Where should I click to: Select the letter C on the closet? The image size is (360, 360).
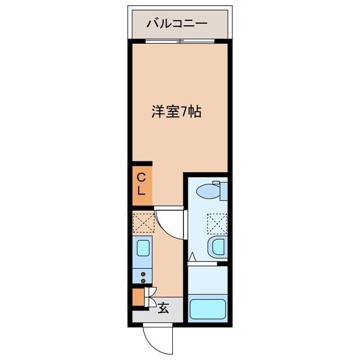[x=142, y=178]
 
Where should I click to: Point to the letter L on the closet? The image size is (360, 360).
[x=142, y=191]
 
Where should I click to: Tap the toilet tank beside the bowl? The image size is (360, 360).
[x=223, y=190]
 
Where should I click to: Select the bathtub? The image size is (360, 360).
[x=208, y=309]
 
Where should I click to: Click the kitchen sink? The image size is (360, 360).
[x=143, y=247]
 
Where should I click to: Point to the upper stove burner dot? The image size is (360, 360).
[x=143, y=274]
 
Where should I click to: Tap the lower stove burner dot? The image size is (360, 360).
[x=143, y=280]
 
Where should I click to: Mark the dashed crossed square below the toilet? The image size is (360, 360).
[x=217, y=223]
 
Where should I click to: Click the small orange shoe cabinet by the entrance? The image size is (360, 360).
[x=138, y=296]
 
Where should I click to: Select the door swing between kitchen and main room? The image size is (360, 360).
[x=169, y=223]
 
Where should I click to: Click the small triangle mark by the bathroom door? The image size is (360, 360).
[x=192, y=257]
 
